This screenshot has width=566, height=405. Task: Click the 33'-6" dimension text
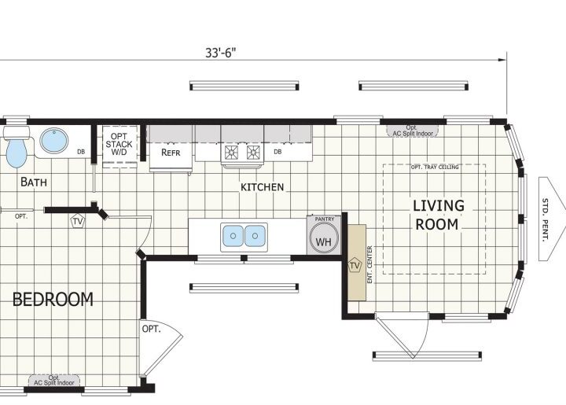[x=221, y=53]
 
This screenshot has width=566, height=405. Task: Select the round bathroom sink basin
[x=53, y=141]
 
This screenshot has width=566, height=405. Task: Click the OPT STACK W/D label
[x=119, y=144]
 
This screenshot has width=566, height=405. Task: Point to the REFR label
[x=171, y=153]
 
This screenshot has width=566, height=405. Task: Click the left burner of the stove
[x=231, y=153]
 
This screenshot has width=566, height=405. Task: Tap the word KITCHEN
[x=262, y=187]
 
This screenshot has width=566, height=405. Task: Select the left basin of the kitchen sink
[x=233, y=236]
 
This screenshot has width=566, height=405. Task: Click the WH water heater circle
[x=324, y=237]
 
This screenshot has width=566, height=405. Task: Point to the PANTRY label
[x=325, y=219]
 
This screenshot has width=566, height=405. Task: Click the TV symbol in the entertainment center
[x=355, y=266]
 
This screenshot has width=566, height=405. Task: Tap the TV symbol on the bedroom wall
[x=78, y=221]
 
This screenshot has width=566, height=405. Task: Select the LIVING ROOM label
[x=438, y=215]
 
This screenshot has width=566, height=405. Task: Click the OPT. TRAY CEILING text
[x=435, y=168]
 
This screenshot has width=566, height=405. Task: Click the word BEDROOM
[x=53, y=300]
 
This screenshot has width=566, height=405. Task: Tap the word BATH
[x=34, y=182]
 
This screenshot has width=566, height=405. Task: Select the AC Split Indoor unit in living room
[x=413, y=131]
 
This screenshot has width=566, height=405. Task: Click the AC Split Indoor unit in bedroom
[x=54, y=380]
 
